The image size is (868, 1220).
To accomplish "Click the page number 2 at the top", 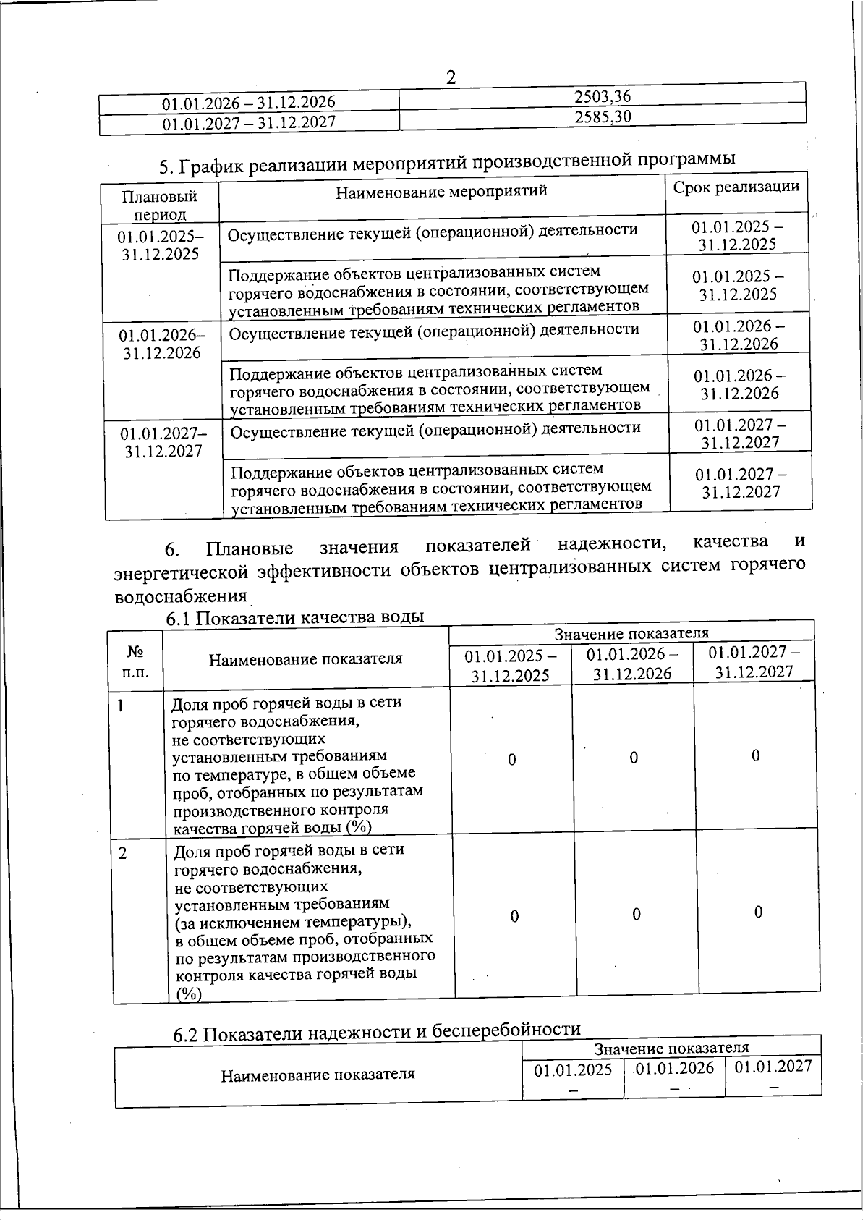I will click(451, 77).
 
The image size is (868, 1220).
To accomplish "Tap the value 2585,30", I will click(603, 117).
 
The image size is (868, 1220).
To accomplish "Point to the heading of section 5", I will click(447, 162).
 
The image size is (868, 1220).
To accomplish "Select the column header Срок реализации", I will click(736, 187).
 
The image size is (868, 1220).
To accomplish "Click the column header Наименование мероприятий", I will click(442, 191).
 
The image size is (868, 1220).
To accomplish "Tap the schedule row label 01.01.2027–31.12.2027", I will click(163, 442).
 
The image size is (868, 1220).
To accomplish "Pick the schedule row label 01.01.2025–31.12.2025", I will click(161, 245).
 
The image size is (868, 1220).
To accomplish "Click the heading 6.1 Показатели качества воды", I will click(294, 617).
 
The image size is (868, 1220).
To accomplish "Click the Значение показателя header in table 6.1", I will click(631, 633).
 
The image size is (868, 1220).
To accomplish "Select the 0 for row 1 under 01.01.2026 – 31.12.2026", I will click(633, 758).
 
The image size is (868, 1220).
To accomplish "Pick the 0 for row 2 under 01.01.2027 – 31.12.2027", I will click(758, 912).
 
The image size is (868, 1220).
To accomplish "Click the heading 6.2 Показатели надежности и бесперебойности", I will click(377, 1030).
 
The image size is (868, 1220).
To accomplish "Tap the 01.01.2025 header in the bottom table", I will click(573, 1069).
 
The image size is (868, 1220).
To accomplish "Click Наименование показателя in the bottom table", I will click(318, 1074).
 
